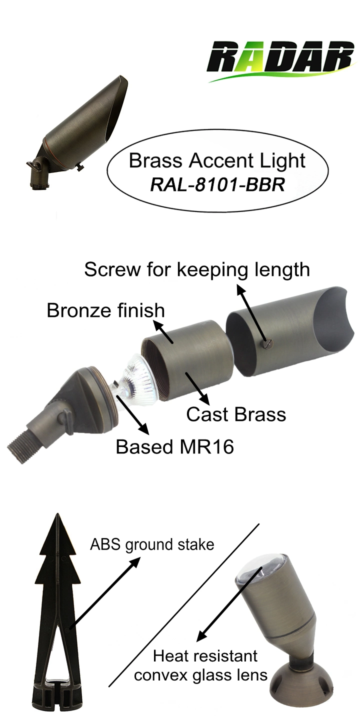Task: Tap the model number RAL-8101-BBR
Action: [x=217, y=185]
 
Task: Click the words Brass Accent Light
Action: [x=217, y=161]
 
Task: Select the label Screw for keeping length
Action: [x=197, y=270]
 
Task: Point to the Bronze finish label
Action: [x=106, y=310]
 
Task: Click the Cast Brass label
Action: [x=236, y=414]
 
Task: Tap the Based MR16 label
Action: [x=175, y=447]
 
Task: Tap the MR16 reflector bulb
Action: [x=138, y=378]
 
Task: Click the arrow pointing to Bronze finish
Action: [x=163, y=332]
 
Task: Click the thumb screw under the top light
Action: [x=79, y=167]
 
